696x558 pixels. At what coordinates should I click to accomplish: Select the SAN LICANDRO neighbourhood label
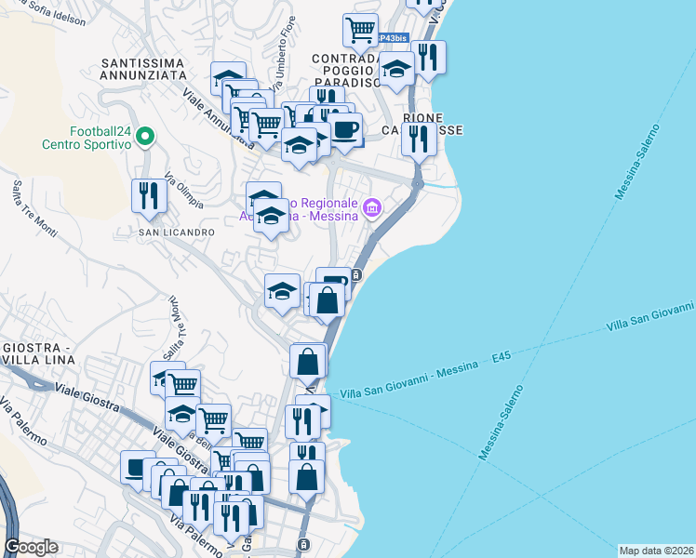(177, 232)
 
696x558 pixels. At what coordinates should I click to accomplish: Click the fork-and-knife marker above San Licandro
(149, 195)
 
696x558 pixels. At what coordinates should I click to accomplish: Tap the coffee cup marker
(346, 129)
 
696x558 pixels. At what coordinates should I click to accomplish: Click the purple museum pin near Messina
(372, 207)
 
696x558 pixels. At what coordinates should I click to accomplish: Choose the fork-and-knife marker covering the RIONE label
(419, 139)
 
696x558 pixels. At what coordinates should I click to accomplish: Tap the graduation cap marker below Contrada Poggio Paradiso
(397, 71)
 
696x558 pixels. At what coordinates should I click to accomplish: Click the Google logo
(31, 547)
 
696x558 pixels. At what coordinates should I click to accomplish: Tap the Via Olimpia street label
(183, 191)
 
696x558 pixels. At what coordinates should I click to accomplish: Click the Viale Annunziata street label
(218, 116)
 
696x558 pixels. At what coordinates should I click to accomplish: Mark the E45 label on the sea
(503, 356)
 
